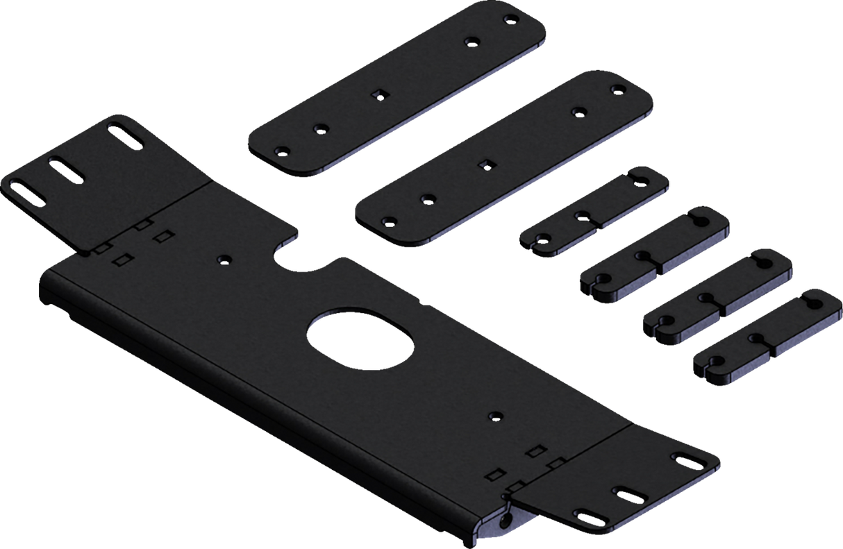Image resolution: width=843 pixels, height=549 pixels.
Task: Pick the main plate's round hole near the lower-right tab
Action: click(494, 415)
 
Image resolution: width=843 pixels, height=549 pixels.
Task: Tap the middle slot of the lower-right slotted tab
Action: click(630, 493)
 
